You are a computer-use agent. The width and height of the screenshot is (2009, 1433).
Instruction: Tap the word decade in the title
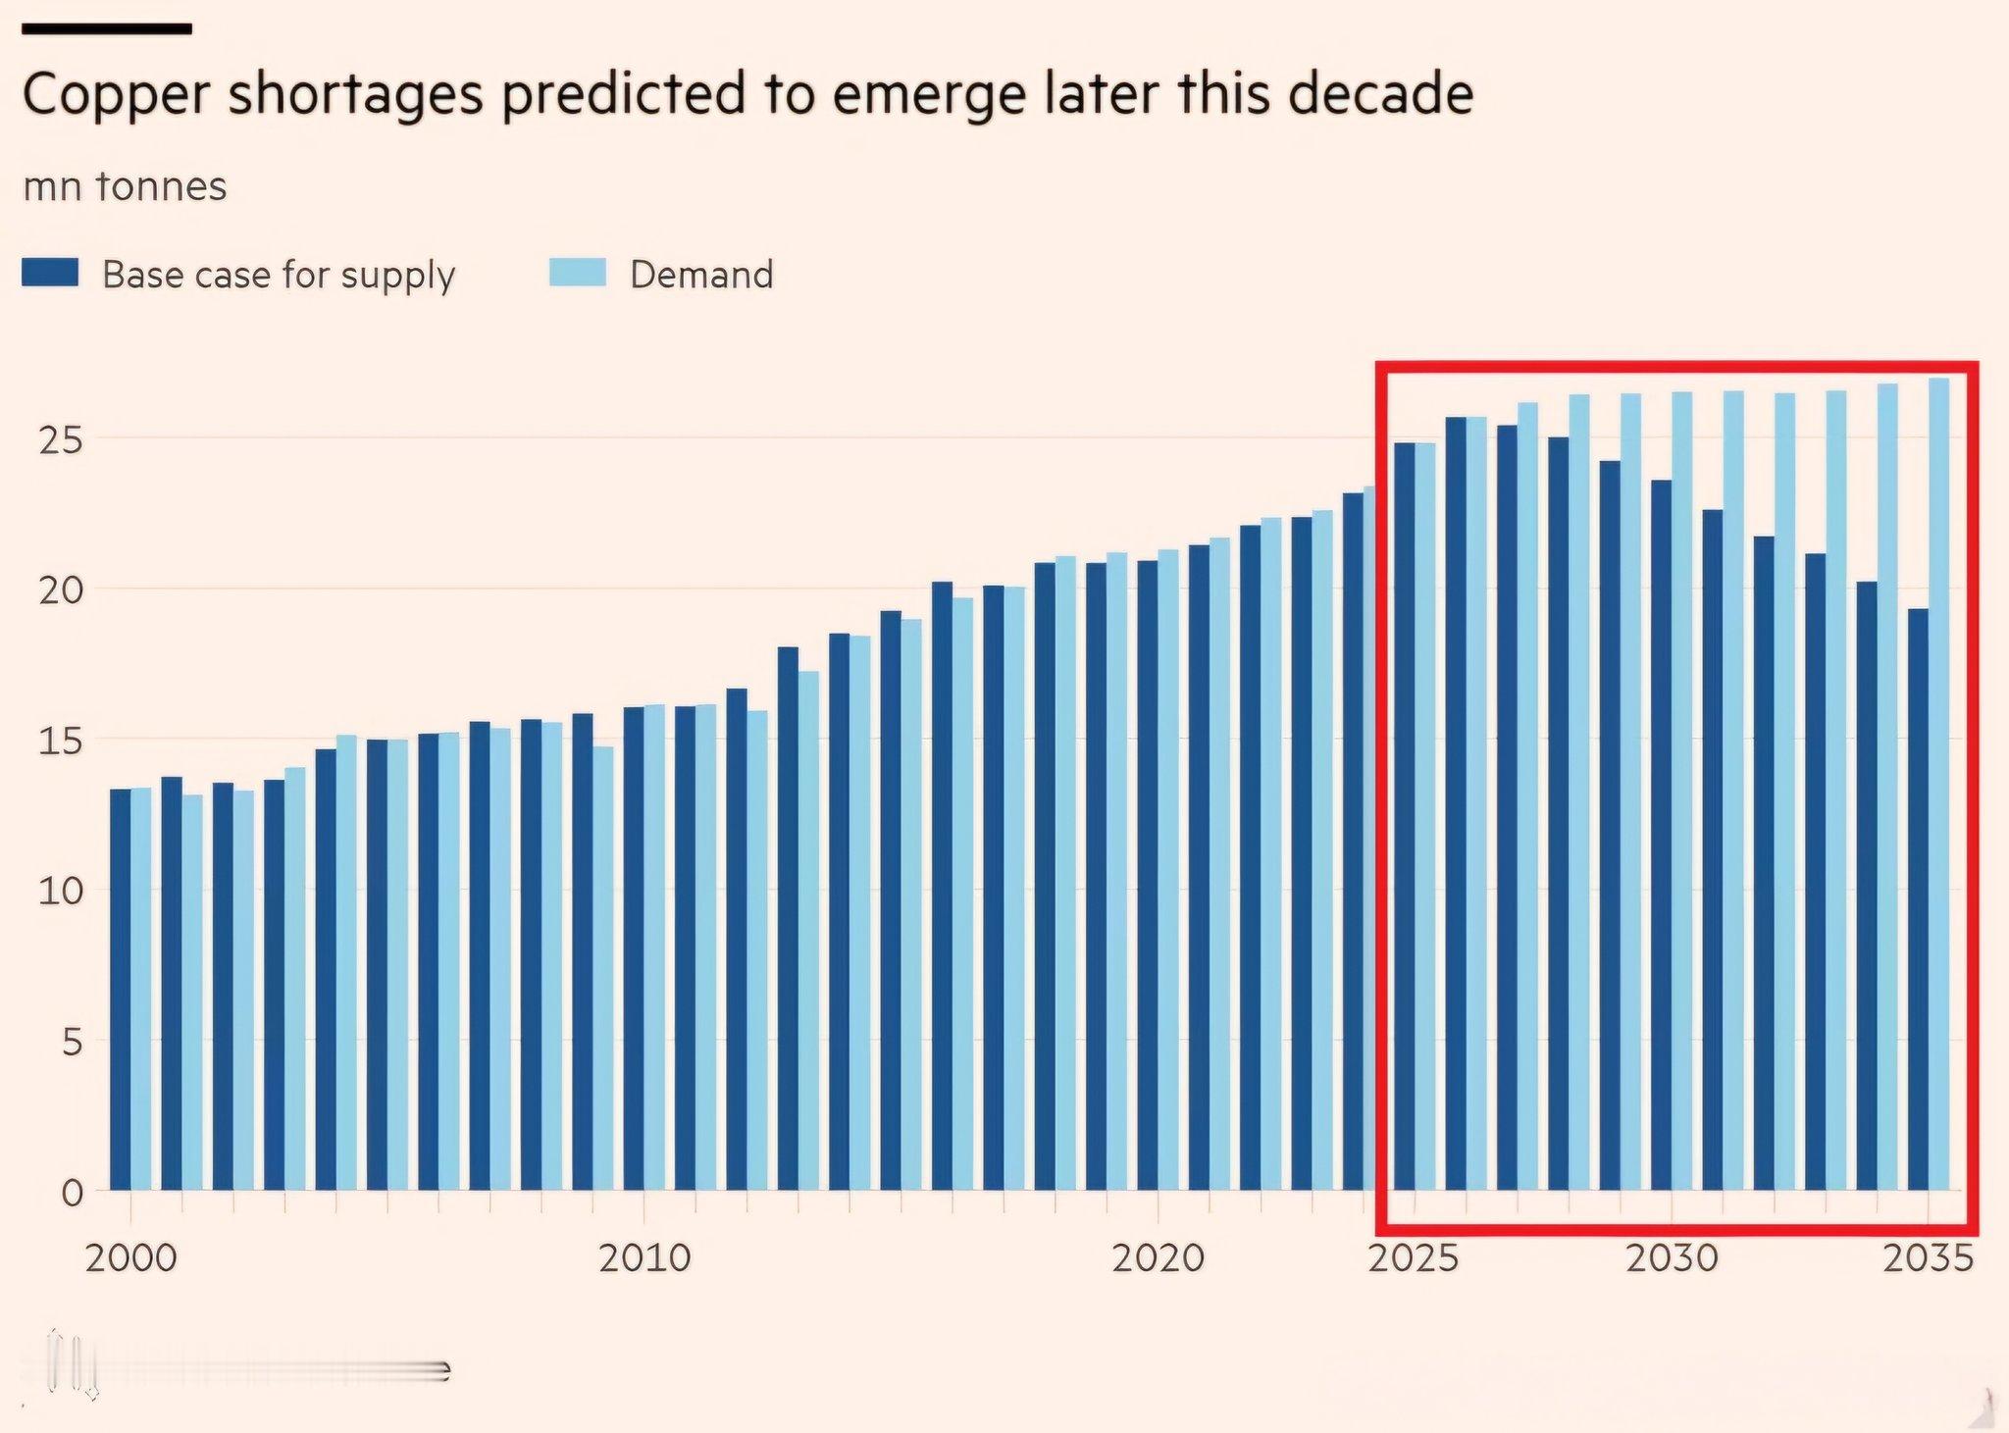(x=1378, y=95)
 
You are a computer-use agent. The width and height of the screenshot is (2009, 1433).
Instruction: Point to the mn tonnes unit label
(x=125, y=186)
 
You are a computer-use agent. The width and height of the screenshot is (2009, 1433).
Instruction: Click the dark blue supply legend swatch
(x=50, y=273)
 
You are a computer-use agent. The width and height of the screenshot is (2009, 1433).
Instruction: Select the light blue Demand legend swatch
(x=577, y=273)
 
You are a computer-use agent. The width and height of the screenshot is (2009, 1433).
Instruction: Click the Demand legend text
(x=701, y=275)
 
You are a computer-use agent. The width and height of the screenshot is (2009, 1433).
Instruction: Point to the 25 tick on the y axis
(x=61, y=441)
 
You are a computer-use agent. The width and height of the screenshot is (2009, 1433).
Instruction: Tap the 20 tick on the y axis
(x=61, y=591)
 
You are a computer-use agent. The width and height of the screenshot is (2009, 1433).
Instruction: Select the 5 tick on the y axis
(x=72, y=1042)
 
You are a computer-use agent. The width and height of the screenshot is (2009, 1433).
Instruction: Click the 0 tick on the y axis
(x=72, y=1193)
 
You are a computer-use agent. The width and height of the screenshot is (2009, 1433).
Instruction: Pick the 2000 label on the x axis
(x=130, y=1257)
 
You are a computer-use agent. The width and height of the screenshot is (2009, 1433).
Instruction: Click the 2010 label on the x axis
(x=644, y=1257)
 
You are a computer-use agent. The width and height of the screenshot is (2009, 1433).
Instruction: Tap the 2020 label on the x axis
(x=1158, y=1257)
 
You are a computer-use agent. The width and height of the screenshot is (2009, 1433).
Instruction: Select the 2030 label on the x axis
(x=1672, y=1257)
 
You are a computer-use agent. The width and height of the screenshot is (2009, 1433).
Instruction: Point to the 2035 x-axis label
(x=1928, y=1257)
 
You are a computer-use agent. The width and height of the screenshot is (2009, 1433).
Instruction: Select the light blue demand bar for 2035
(x=1939, y=785)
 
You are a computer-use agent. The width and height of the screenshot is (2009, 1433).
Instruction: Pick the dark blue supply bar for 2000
(x=120, y=991)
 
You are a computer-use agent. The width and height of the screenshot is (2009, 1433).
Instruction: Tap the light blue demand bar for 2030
(x=1682, y=785)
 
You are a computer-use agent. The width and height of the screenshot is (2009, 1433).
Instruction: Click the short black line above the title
(x=106, y=29)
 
